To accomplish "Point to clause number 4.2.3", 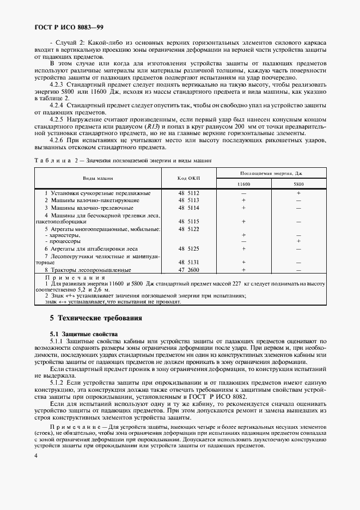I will click(x=59, y=84).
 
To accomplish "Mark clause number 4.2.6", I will click(x=59, y=140).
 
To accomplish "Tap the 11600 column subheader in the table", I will click(x=243, y=184).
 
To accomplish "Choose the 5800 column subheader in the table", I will click(x=298, y=184).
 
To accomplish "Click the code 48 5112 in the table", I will click(x=189, y=193).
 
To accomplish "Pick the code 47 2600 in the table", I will click(x=189, y=269).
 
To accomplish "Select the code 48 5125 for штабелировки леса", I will click(x=189, y=248).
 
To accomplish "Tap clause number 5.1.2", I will click(x=59, y=381).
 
